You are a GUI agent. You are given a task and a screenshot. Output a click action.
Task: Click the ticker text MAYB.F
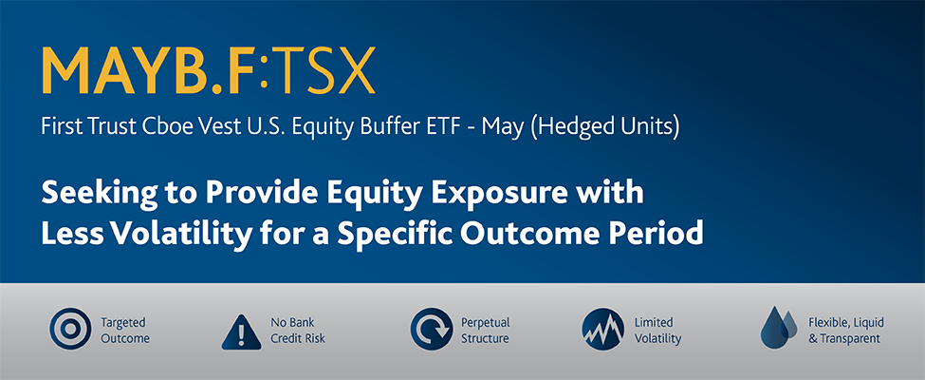pyautogui.click(x=151, y=70)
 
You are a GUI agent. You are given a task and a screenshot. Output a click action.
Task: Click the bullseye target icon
pyautogui.click(x=70, y=330)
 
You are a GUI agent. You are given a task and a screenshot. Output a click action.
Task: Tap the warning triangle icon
pyautogui.click(x=241, y=332)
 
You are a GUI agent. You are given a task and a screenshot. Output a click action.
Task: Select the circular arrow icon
pyautogui.click(x=432, y=330)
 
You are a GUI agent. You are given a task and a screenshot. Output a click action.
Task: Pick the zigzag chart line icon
pyautogui.click(x=602, y=330)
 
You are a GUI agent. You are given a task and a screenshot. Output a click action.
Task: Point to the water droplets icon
pyautogui.click(x=779, y=328)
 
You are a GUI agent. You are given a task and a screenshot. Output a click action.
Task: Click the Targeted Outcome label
pyautogui.click(x=125, y=331)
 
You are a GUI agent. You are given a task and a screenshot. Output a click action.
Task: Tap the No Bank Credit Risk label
pyautogui.click(x=298, y=331)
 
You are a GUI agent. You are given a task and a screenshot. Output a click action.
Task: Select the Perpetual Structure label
pyautogui.click(x=486, y=331)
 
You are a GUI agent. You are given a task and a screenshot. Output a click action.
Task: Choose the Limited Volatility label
pyautogui.click(x=657, y=331)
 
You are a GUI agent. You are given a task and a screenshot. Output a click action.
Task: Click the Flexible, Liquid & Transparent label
pyautogui.click(x=846, y=331)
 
